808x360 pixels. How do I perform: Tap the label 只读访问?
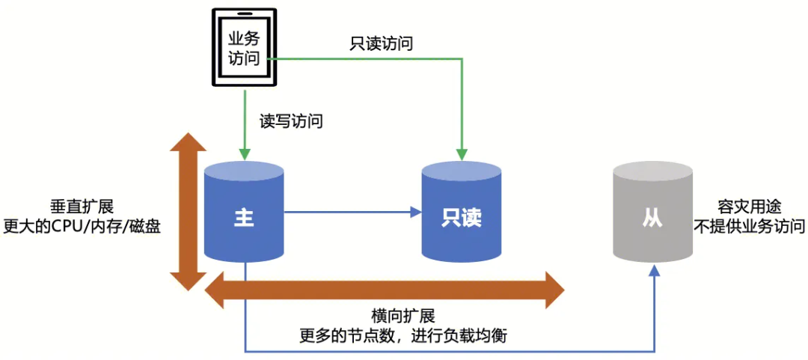click(x=382, y=43)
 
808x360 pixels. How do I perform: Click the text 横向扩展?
click(x=403, y=316)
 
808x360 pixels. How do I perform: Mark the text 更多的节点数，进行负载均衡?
click(x=403, y=335)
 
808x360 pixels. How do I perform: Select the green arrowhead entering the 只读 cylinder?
click(x=462, y=154)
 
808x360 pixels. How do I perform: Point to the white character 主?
click(x=244, y=218)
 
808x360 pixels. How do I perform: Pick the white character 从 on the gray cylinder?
click(x=652, y=218)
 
